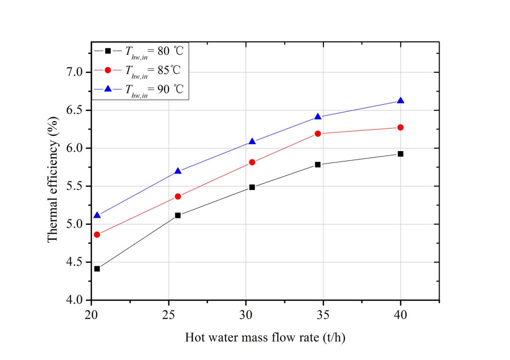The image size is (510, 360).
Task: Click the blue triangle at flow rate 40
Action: point(400,101)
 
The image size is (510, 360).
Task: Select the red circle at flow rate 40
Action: point(400,127)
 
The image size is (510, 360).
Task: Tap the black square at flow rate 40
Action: point(400,154)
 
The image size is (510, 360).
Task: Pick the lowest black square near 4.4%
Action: point(97,269)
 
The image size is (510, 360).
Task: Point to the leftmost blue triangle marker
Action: point(97,215)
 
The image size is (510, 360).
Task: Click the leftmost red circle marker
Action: point(97,234)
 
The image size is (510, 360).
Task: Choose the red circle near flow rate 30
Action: point(252,162)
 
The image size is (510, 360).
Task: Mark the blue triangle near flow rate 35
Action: point(318,117)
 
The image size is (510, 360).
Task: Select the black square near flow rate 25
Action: point(178,215)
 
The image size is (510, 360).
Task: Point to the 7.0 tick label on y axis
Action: point(76,72)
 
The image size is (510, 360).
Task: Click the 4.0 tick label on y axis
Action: point(76,300)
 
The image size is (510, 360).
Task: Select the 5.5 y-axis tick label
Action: point(76,186)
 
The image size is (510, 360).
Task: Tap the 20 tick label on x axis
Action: point(91,316)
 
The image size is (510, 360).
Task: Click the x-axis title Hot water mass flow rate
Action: point(265,338)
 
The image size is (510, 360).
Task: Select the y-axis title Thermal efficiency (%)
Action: point(52,186)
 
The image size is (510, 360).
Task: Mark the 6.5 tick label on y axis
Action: point(76,110)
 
